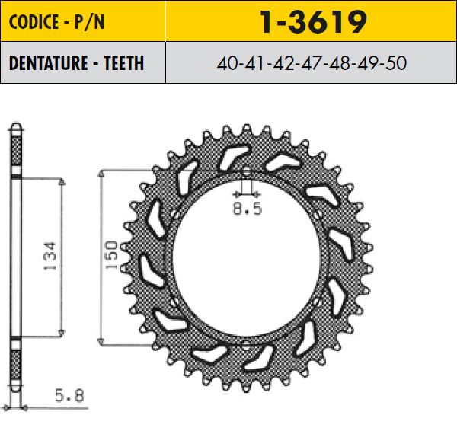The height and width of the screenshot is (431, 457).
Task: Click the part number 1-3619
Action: [313, 21]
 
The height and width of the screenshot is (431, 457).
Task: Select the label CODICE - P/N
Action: [56, 22]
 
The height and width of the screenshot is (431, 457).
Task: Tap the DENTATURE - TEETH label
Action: [76, 62]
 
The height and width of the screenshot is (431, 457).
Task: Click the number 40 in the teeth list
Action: [228, 63]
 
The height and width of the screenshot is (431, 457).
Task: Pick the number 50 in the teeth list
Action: [396, 63]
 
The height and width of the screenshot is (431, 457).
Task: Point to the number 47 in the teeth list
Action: [312, 63]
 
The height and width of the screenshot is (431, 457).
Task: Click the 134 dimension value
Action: [49, 256]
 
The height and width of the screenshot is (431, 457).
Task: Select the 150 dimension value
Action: [111, 254]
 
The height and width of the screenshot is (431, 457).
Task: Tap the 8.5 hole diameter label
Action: [248, 209]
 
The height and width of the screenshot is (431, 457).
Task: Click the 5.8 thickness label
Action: [69, 395]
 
